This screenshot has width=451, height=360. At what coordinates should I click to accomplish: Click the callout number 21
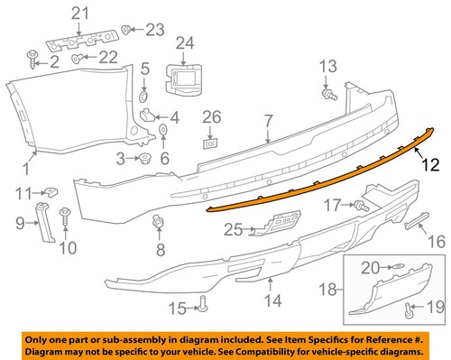pyautogui.click(x=81, y=13)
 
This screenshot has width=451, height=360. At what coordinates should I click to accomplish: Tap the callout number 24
pyautogui.click(x=185, y=42)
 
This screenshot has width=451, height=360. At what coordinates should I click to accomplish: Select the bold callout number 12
pyautogui.click(x=428, y=164)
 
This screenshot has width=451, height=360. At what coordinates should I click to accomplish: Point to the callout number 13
pyautogui.click(x=328, y=65)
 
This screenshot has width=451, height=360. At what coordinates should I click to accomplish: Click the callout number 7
pyautogui.click(x=268, y=119)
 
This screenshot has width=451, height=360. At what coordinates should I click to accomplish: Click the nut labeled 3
pyautogui.click(x=143, y=159)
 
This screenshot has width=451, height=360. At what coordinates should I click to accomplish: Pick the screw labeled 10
pyautogui.click(x=65, y=216)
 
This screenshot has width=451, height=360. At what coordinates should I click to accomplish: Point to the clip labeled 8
pyautogui.click(x=161, y=222)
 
